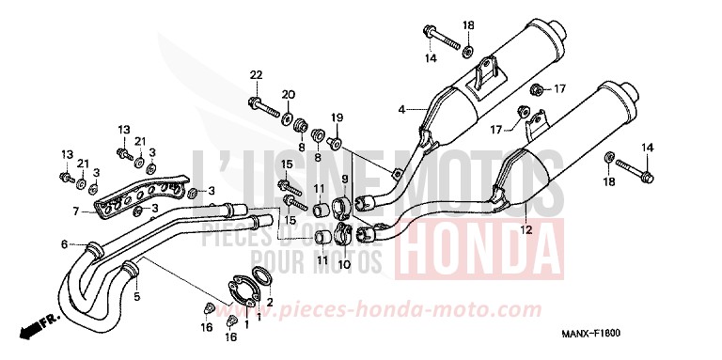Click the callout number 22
tap(255, 74)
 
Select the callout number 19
tap(337, 117)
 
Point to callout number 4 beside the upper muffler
tap(401, 110)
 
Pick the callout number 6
tap(65, 243)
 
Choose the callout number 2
tap(270, 302)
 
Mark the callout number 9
tap(344, 179)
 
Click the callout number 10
tap(343, 265)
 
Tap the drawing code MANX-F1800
tap(605, 334)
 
